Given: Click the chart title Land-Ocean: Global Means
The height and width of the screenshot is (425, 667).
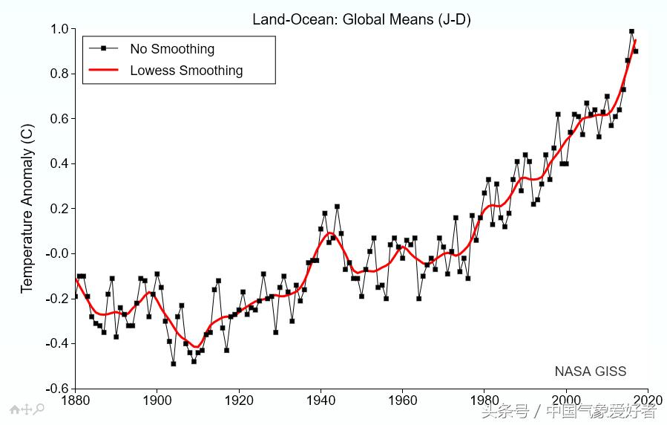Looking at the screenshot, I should (x=361, y=19).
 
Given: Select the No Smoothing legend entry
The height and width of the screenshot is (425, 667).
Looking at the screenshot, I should (x=172, y=49).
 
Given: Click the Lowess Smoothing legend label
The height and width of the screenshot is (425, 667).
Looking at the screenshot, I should (x=186, y=71).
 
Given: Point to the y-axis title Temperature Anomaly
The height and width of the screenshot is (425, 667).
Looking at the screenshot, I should (x=27, y=208).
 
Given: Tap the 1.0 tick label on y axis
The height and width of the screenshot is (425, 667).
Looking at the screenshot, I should (x=59, y=29).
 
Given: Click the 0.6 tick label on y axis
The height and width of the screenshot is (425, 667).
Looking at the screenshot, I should (x=59, y=119).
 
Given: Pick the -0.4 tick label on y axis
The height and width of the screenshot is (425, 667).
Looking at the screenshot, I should (x=57, y=343).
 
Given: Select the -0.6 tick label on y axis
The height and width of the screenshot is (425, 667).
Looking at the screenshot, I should (x=57, y=388).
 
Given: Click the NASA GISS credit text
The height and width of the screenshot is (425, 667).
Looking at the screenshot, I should (x=590, y=372).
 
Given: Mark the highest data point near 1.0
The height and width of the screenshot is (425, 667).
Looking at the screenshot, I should (x=631, y=31).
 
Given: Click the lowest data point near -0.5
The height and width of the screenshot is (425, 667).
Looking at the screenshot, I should (x=173, y=363).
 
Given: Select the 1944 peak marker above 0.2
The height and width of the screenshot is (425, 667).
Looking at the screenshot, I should (x=337, y=207).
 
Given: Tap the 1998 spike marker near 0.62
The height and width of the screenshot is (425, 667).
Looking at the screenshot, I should (x=558, y=114).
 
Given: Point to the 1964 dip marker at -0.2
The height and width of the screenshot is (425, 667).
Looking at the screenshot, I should (x=418, y=298).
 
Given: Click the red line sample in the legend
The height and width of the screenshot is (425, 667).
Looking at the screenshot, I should (x=104, y=71).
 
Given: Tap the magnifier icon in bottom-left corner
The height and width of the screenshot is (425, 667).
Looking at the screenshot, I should (x=39, y=409).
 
